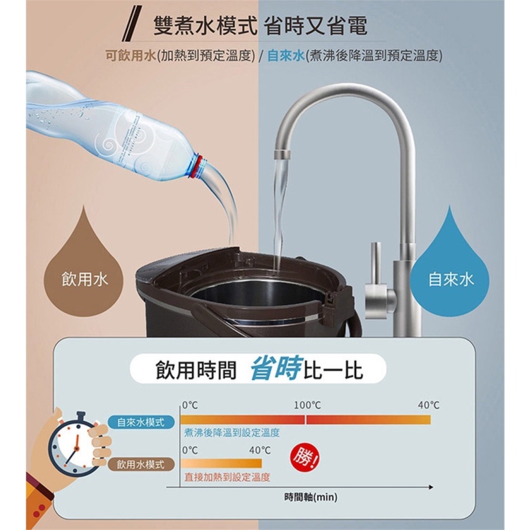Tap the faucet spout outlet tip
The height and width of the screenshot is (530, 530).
click(x=282, y=155)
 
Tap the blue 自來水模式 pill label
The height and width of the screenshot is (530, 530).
click(x=141, y=422)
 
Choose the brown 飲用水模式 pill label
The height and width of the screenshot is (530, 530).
click(x=141, y=464)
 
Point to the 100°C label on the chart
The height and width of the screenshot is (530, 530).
click(x=307, y=405)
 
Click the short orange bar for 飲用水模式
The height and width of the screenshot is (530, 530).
click(x=221, y=463)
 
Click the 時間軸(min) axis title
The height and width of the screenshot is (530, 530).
click(x=311, y=497)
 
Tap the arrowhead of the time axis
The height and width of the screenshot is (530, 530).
click(x=430, y=487)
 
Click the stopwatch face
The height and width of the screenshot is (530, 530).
click(x=75, y=448)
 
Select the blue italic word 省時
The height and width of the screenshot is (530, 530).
click(x=275, y=368)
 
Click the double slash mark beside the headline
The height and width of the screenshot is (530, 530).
click(x=132, y=24)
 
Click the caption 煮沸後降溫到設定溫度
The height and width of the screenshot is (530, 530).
click(x=232, y=432)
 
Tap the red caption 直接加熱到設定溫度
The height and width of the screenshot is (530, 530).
click(x=227, y=478)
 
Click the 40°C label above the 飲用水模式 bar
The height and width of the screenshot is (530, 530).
click(x=260, y=450)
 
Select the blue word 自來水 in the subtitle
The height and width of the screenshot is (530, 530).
click(x=286, y=56)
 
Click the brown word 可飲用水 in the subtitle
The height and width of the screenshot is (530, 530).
click(x=131, y=56)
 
